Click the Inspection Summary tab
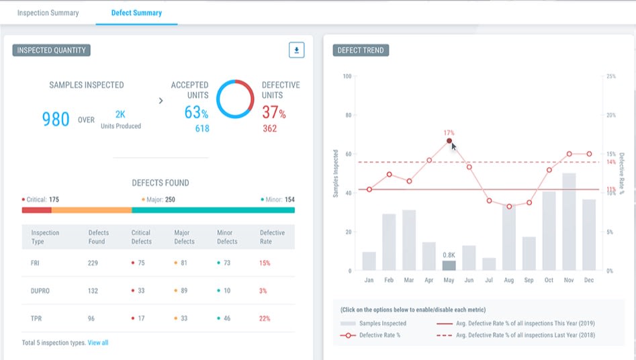pos(48,13)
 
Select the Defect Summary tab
pos(136,13)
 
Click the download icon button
pos(296,50)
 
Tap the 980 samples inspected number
pos(56,120)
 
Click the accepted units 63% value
pos(195,112)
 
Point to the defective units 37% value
pos(273,112)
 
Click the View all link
pos(97,343)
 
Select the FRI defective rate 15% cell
pos(265,263)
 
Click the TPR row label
pos(38,318)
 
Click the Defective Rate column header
pos(272,236)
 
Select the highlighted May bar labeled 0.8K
pos(449,265)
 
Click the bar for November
pos(569,222)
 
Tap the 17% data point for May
pos(449,140)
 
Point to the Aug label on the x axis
pos(508,279)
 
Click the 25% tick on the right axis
pos(610,76)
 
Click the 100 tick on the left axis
pos(347,76)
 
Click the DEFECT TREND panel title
pos(361,50)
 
